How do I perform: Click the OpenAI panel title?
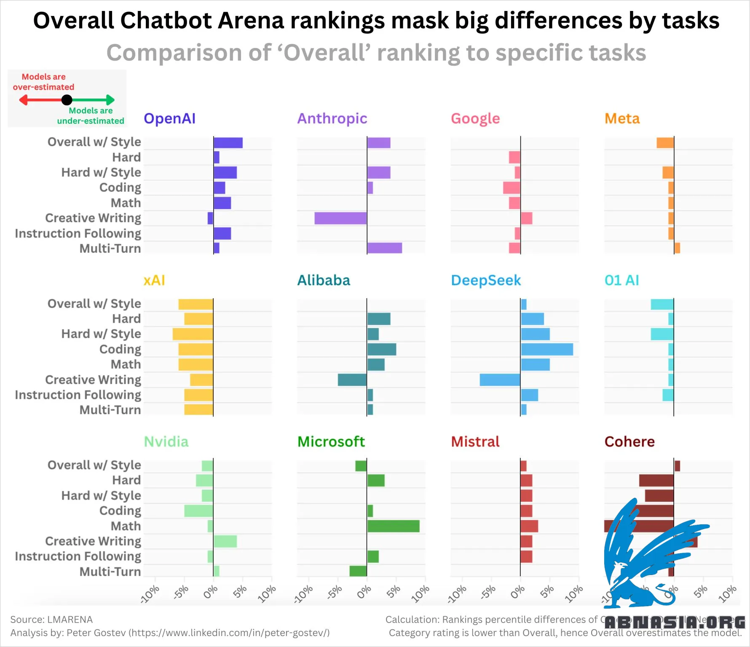point(169,119)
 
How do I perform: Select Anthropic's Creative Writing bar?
point(340,218)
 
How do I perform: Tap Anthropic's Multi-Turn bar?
point(384,248)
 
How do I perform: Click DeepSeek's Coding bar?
point(547,350)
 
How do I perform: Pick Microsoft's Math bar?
point(393,526)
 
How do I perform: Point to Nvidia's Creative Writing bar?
point(225,541)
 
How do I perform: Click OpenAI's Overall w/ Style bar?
point(228,143)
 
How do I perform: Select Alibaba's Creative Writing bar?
point(352,380)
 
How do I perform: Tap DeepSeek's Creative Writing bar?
point(500,380)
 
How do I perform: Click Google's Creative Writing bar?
point(526,218)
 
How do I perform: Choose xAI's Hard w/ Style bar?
point(193,334)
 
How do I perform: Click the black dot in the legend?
point(67,100)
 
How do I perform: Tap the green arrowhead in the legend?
point(110,100)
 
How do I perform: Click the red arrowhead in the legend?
point(23,100)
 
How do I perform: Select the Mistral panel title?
point(475,442)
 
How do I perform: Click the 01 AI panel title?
point(621,281)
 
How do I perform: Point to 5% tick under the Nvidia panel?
point(240,592)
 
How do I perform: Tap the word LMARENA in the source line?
point(70,620)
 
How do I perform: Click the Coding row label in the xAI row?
point(120,349)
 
